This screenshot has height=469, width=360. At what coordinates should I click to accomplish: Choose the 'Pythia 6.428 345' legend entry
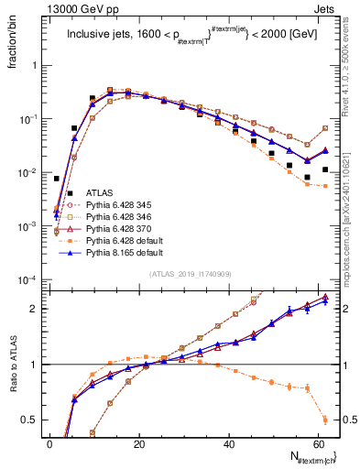(125, 204)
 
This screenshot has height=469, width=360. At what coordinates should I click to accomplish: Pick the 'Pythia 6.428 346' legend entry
(125, 216)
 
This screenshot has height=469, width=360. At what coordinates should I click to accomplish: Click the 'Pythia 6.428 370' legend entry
(125, 228)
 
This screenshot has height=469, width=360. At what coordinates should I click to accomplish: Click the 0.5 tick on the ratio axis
(31, 420)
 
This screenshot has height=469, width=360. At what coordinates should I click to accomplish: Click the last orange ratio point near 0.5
(325, 420)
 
